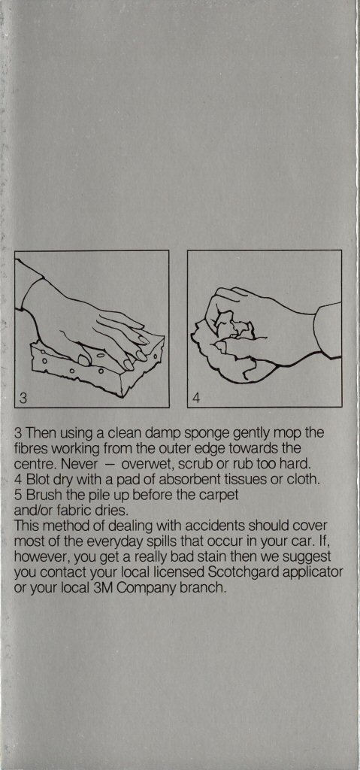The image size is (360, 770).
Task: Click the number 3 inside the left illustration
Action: (x=23, y=398)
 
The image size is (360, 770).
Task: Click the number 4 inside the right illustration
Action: (x=196, y=398)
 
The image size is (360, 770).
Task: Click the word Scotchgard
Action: (x=251, y=572)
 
